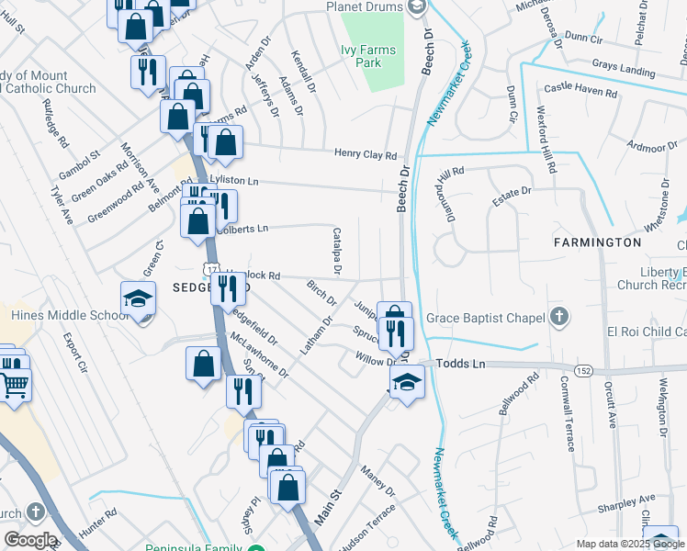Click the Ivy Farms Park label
381,56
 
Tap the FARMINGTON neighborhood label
597,242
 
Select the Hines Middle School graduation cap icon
138,300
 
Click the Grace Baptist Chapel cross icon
557,317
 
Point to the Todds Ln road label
466,365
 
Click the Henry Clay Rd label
365,155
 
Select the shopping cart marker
14,387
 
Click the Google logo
30,539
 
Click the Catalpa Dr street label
336,252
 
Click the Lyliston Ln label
234,181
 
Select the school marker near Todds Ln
405,383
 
